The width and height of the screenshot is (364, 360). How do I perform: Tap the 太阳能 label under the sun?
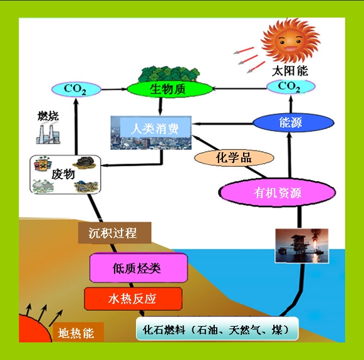pos(290,71)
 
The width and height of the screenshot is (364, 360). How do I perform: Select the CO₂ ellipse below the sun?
pos(291,87)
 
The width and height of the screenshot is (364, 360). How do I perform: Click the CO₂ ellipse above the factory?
pos(76,89)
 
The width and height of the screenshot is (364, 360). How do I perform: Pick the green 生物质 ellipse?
pos(170,89)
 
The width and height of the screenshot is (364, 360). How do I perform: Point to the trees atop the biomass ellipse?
pos(169,73)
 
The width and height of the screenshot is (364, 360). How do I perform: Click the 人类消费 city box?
pos(151,132)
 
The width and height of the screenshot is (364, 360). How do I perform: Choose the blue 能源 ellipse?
pos(293,122)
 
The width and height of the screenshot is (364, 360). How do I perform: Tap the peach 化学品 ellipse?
pos(234,158)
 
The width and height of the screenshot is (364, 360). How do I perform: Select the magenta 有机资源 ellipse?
pos(277,193)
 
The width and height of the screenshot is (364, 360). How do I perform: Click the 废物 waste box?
pos(65,174)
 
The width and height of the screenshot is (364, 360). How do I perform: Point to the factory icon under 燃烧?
pos(48,134)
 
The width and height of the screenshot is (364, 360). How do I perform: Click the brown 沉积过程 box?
pos(115,233)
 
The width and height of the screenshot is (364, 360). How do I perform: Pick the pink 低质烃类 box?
pos(138,268)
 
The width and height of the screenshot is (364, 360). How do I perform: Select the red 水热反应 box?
pos(133,299)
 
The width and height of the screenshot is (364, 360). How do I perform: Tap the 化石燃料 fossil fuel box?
pos(217,329)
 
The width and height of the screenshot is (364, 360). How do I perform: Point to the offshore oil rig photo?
pos(302,246)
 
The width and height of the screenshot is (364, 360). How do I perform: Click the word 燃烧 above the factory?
pos(48,116)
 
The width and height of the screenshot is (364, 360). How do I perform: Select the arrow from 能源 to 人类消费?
pos(222,124)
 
